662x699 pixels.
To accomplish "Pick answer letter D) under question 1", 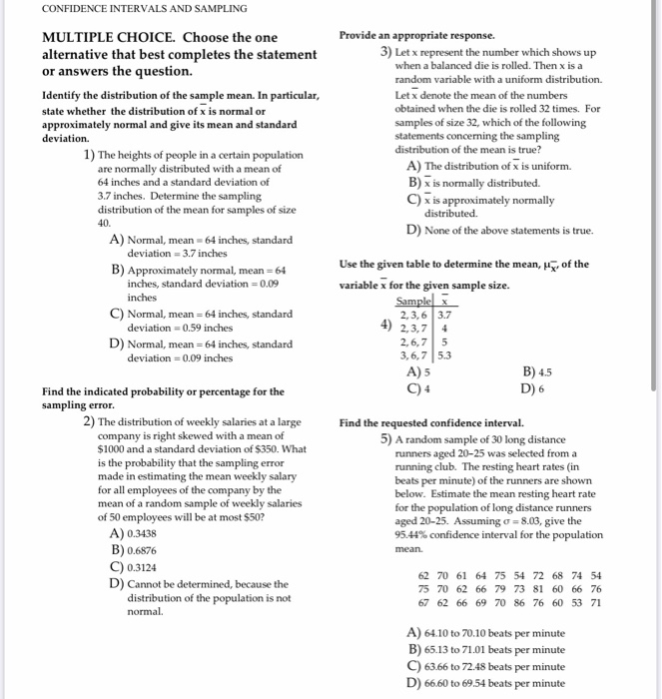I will point(118,345).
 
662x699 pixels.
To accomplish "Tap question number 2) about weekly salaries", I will point(89,421).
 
